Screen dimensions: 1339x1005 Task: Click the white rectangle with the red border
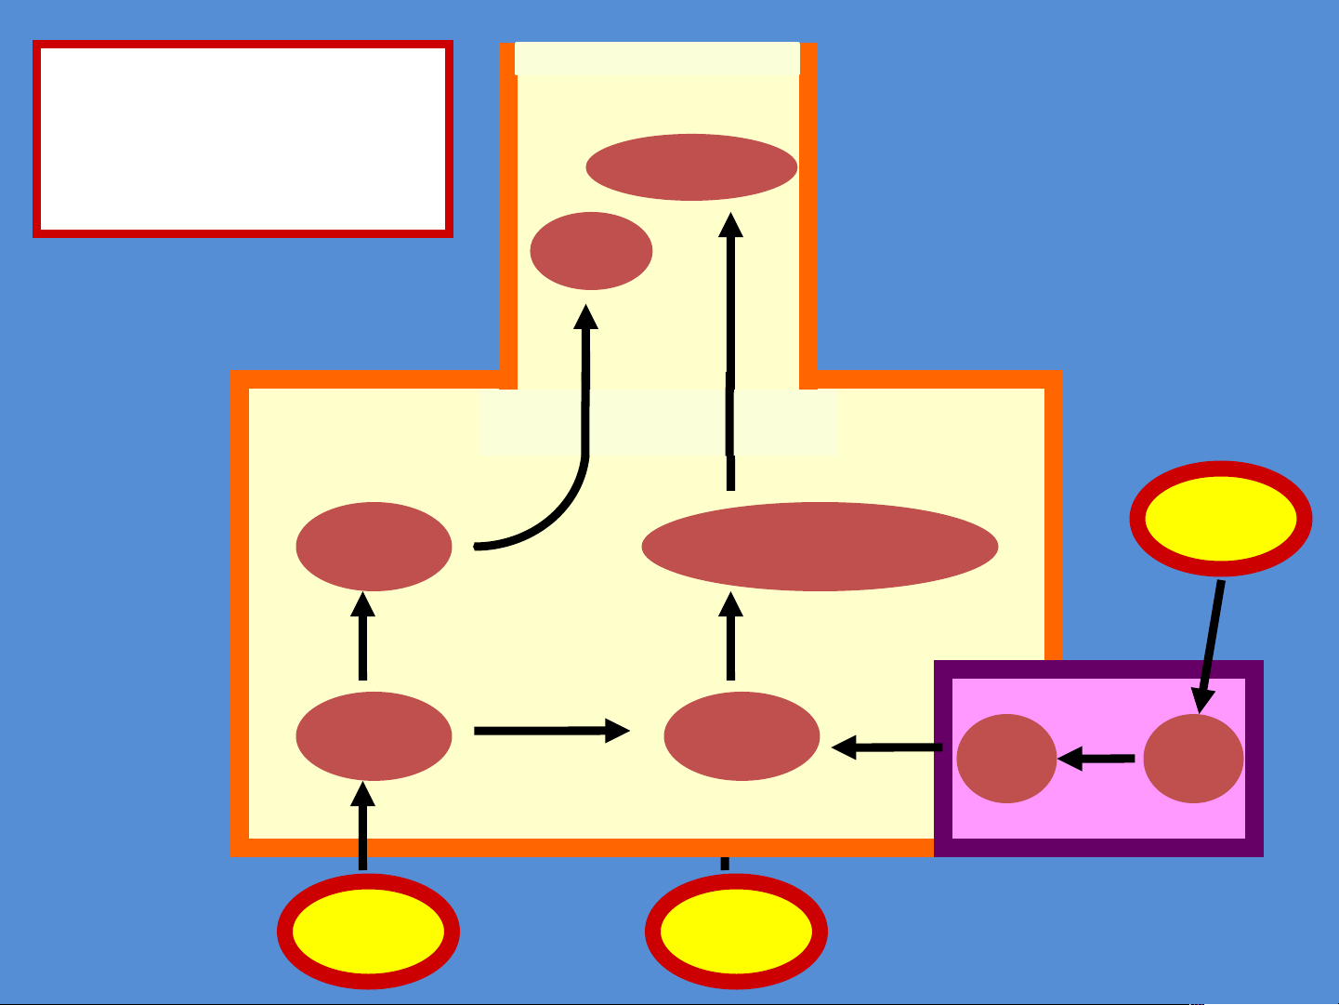point(243,139)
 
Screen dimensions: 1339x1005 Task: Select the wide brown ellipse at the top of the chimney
point(691,167)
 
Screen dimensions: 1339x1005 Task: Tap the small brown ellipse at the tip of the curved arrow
point(591,251)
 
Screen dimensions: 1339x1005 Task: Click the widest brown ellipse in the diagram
point(820,547)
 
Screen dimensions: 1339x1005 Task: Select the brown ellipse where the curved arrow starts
point(374,547)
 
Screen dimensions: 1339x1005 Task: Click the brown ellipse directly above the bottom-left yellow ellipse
point(374,735)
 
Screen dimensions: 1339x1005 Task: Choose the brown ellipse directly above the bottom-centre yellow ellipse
point(742,736)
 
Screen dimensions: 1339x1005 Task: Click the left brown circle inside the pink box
point(1006,759)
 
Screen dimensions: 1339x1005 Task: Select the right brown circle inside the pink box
point(1193,759)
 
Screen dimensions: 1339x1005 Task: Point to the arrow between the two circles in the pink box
point(1096,760)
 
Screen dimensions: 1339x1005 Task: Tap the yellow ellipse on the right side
point(1221,519)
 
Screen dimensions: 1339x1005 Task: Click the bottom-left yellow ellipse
point(369,932)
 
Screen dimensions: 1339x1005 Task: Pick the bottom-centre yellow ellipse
point(736,932)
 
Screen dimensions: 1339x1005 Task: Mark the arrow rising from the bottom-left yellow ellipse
point(363,826)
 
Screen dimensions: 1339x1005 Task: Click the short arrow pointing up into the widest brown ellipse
point(731,636)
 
